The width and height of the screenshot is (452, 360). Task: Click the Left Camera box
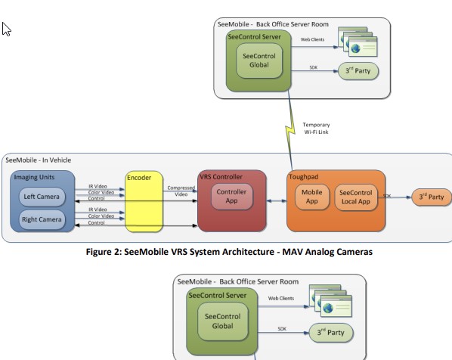click(42, 197)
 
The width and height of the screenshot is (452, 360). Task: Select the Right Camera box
click(42, 219)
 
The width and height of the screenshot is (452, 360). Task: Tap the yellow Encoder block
click(144, 202)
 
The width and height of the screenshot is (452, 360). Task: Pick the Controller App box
click(232, 196)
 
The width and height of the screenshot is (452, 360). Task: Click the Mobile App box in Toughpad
click(312, 197)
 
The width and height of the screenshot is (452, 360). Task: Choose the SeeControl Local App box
click(356, 197)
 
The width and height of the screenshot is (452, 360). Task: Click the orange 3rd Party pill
click(432, 197)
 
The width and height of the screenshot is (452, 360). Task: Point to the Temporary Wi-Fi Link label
click(316, 129)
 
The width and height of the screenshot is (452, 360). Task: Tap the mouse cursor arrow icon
click(6, 29)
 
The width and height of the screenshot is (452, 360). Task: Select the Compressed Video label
click(181, 191)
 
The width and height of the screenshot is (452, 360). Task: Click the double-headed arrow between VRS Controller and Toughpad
click(277, 200)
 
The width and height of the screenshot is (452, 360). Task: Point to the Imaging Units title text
click(34, 177)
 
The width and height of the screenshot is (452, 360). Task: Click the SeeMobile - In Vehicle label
click(39, 160)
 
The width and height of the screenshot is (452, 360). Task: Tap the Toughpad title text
click(304, 177)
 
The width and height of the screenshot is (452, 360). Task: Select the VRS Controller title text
click(221, 177)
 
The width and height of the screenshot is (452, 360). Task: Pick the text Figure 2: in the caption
click(104, 252)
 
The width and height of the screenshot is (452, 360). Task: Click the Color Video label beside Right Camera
click(101, 216)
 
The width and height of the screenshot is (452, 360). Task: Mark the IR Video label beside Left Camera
click(98, 186)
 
